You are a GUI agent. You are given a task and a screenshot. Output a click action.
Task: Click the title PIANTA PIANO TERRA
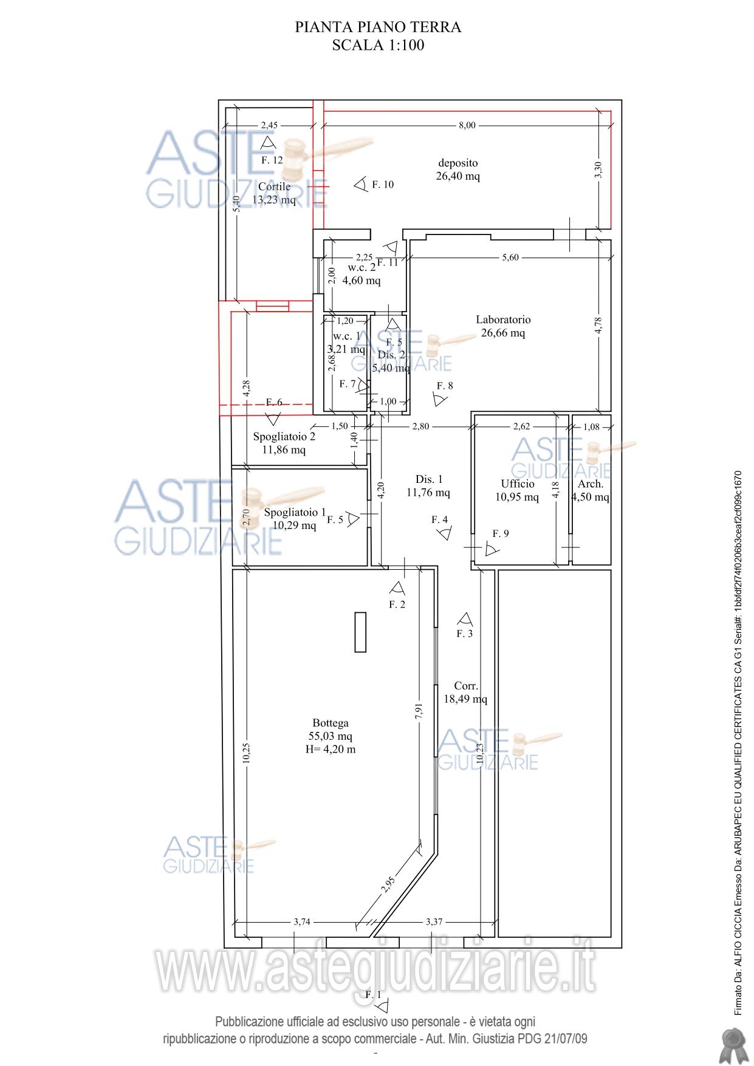[378, 27]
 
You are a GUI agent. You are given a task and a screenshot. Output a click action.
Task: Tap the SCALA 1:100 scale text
[378, 45]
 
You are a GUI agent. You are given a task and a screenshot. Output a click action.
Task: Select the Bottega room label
[331, 723]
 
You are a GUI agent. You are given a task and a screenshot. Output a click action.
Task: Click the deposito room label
[458, 163]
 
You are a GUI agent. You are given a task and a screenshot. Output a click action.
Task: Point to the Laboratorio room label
[503, 319]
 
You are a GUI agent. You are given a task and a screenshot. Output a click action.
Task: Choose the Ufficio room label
[518, 483]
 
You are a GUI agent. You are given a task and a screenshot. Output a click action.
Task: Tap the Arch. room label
[591, 484]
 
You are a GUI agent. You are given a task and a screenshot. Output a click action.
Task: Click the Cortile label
[274, 186]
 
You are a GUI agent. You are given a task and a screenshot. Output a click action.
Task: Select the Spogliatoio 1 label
[295, 512]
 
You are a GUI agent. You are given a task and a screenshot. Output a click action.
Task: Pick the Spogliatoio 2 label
[284, 436]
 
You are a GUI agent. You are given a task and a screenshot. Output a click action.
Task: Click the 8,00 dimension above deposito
[467, 125]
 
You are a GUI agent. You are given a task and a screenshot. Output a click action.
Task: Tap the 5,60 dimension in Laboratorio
[510, 258]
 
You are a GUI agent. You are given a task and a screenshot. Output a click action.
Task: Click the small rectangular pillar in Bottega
[360, 632]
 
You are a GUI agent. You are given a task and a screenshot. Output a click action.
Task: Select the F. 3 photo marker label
[464, 634]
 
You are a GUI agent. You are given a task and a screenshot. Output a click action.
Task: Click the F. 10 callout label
[383, 185]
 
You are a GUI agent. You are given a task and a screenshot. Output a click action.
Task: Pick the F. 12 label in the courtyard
[272, 160]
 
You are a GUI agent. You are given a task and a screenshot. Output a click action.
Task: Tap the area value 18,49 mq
[465, 699]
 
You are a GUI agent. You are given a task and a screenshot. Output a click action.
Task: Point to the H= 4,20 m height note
[331, 749]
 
